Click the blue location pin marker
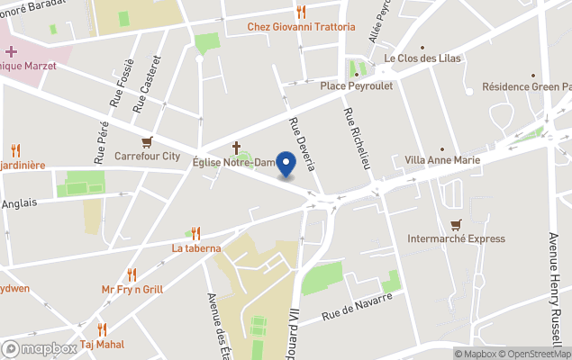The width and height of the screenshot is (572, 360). tap(286, 164)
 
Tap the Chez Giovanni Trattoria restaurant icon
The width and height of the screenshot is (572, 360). tap(302, 13)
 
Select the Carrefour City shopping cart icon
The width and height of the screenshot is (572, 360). tap(147, 141)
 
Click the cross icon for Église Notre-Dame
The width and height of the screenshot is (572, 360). tap(237, 147)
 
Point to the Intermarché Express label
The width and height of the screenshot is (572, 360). tap(457, 238)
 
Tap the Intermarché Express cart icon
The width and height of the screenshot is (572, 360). tap(457, 224)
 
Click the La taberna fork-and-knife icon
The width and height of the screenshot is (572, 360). tap(195, 233)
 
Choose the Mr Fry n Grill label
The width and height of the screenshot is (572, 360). tap(132, 289)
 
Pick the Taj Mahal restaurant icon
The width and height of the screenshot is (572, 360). tap(102, 329)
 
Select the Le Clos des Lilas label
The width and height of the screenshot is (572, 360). tap(422, 59)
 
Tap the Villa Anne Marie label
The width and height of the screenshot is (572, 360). tap(442, 160)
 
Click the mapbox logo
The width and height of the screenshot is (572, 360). tap(40, 348)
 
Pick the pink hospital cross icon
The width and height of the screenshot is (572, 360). tap(11, 51)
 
